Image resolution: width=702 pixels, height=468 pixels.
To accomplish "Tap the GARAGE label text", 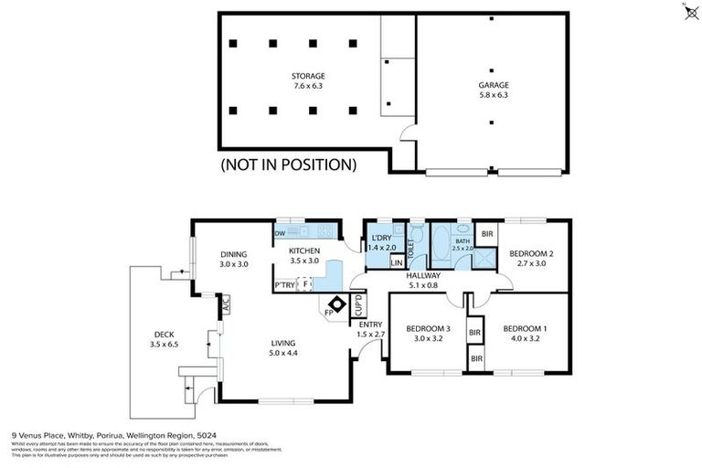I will [492, 84].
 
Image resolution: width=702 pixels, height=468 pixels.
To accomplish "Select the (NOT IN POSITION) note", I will [288, 165].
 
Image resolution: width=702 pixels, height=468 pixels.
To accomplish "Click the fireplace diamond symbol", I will [337, 305].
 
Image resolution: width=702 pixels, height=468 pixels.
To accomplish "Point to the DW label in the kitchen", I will [280, 233].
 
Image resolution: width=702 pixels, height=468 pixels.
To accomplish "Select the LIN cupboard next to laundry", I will [396, 263].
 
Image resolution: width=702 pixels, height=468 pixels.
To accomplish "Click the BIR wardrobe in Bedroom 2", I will [487, 234].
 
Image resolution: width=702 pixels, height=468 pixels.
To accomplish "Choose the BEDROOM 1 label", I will [526, 328].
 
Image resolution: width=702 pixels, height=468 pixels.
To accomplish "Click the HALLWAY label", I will [424, 275].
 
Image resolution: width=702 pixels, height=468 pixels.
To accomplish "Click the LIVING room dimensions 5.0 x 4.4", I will [282, 353].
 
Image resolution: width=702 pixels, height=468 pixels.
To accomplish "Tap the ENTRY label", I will [370, 324].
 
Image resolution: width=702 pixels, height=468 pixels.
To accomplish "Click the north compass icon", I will [689, 11].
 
